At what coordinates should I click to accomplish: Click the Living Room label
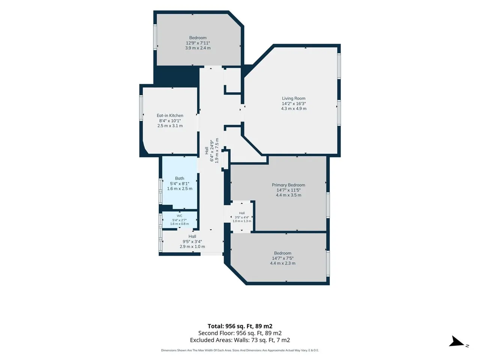click(x=294, y=98)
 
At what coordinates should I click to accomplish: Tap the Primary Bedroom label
click(x=288, y=185)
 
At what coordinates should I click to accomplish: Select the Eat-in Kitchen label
click(x=170, y=115)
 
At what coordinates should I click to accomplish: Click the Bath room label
click(x=180, y=178)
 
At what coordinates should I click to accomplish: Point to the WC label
click(x=179, y=216)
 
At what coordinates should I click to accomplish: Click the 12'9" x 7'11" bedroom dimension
click(x=198, y=43)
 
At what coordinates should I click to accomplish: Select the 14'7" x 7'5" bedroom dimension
click(x=282, y=258)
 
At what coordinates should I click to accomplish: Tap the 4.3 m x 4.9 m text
click(x=294, y=108)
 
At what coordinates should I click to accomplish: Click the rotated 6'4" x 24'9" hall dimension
click(x=211, y=151)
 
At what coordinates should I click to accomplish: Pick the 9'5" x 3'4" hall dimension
click(x=192, y=241)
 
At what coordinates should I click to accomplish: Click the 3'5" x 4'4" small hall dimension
click(x=241, y=217)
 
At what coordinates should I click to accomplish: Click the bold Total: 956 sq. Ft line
click(x=240, y=326)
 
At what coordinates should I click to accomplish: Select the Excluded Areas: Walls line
click(x=240, y=340)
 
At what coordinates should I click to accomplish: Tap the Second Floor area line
click(x=240, y=333)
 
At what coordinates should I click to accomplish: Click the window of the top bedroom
click(x=155, y=37)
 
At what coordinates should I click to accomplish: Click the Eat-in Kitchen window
click(x=141, y=108)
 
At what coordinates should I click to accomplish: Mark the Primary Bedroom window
click(x=328, y=205)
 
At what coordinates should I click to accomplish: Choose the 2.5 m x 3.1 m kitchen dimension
click(x=170, y=126)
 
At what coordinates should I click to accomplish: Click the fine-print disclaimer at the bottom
click(x=240, y=350)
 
